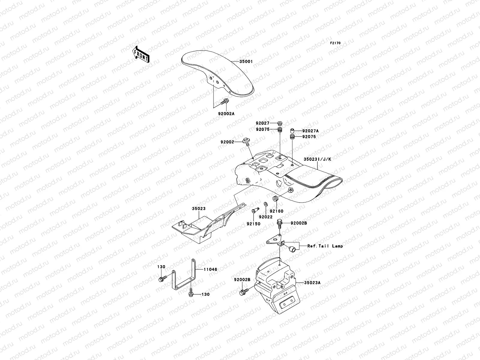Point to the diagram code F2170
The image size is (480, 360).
335,43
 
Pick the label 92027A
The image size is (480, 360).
310,131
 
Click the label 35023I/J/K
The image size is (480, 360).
317,159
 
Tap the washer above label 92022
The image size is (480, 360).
265,204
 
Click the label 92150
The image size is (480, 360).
253,223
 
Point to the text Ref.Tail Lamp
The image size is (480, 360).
325,246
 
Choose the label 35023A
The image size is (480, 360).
312,282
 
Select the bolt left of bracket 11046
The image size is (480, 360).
161,279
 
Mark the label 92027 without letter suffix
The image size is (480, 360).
262,123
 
